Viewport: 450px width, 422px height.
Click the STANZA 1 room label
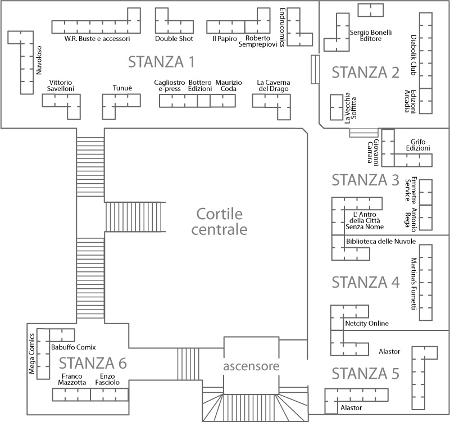point(161,61)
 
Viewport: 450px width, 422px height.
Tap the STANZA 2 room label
point(365,72)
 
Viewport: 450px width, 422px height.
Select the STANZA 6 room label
point(93,363)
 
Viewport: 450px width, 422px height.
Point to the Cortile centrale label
point(219,221)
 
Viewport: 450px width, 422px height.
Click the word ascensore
point(251,366)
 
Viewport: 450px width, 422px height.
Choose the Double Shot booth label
point(174,39)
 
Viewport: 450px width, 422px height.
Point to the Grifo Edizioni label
point(420,145)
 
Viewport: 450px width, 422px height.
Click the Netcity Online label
point(367,324)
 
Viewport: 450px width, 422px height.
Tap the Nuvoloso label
point(39,60)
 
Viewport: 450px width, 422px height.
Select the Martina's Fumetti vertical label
point(413,283)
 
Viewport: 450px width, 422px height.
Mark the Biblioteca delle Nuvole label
point(381,241)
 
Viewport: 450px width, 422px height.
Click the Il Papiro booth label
point(225,39)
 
